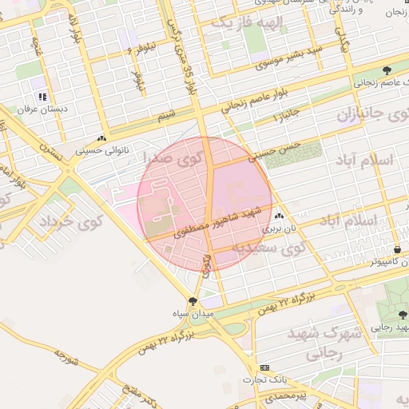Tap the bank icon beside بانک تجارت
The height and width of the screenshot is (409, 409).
click(264, 368)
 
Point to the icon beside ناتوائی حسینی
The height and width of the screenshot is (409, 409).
click(101, 138)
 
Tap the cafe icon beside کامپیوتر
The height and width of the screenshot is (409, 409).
click(397, 248)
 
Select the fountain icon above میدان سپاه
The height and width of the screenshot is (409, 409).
click(192, 300)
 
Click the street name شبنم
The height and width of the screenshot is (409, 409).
click(166, 116)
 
